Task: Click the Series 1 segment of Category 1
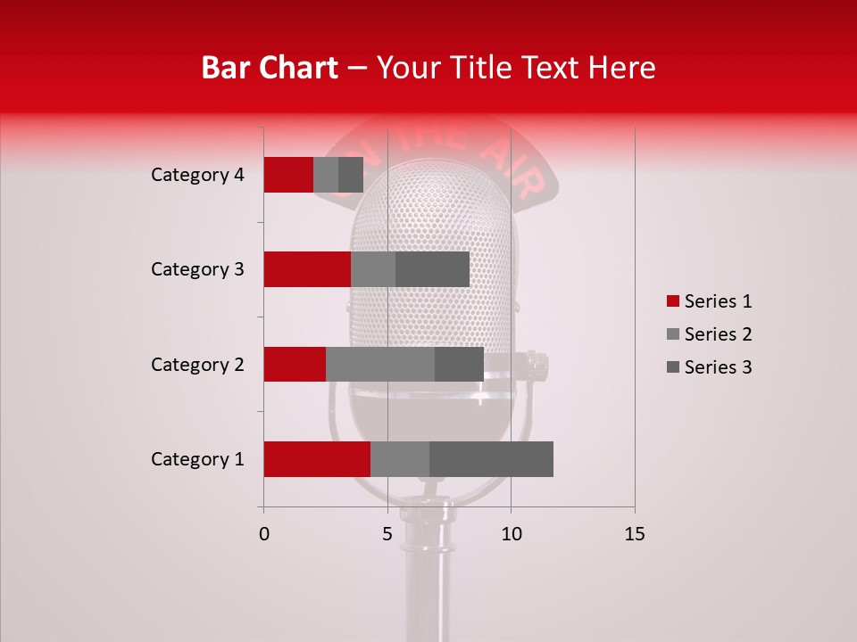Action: click(317, 459)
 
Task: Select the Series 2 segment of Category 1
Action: click(400, 459)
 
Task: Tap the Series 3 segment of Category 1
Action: click(491, 459)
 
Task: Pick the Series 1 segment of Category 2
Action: click(295, 364)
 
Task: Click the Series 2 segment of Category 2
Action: click(380, 364)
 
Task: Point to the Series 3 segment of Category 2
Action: click(459, 364)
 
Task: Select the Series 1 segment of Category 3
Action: click(307, 269)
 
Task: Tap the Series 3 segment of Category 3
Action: click(432, 269)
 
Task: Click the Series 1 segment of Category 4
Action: click(288, 175)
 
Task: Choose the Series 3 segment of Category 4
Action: click(351, 175)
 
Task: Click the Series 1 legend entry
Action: click(709, 301)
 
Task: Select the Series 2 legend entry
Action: click(709, 334)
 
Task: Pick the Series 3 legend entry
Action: click(709, 367)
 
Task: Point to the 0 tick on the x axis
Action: click(264, 534)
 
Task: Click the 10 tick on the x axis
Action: click(511, 534)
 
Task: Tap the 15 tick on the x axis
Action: click(634, 534)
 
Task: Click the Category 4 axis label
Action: click(197, 175)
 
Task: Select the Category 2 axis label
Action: click(197, 365)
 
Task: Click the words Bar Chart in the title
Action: click(270, 68)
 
